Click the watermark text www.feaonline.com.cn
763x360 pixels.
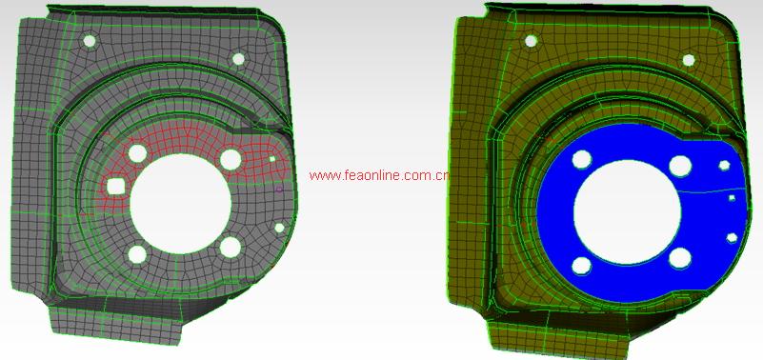point(379,175)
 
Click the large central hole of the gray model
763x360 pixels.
point(181,204)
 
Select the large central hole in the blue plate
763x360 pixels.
point(627,212)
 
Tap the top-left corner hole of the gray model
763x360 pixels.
point(90,41)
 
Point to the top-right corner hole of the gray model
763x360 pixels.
point(238,59)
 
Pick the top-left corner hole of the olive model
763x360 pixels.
point(531,41)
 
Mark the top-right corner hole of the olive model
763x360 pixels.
point(689,60)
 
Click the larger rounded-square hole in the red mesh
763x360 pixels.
point(116,187)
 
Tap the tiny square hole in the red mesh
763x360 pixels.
point(272,159)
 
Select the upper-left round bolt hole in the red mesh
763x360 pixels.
point(138,153)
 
